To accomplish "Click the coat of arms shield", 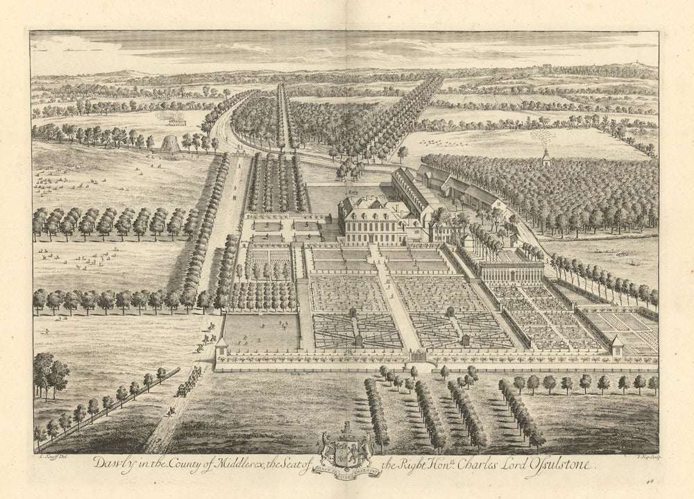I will point(346,450).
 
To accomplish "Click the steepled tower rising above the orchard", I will point(546,155).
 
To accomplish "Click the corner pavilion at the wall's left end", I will point(222,346).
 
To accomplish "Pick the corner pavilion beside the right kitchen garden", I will point(615,345).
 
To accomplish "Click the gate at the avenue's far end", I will point(280,148).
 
